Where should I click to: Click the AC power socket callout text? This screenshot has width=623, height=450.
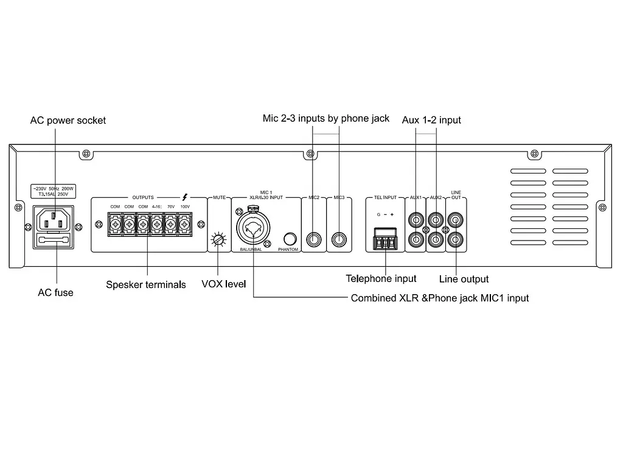[x=68, y=121]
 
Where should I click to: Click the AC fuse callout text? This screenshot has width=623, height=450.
[x=55, y=293]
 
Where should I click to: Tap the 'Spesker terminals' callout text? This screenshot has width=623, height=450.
[x=146, y=284]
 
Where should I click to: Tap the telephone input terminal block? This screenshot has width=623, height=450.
[x=385, y=239]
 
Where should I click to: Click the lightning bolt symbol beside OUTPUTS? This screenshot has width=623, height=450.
[x=185, y=197]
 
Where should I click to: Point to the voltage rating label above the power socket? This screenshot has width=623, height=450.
[x=54, y=191]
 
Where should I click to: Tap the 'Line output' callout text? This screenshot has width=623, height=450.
[x=464, y=279]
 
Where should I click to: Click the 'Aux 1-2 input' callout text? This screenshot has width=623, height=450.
[x=431, y=121]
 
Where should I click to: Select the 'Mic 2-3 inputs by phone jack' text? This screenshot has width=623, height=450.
[x=325, y=118]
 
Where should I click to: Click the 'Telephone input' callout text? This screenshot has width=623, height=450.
[x=381, y=279]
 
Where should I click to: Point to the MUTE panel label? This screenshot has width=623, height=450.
[x=219, y=198]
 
